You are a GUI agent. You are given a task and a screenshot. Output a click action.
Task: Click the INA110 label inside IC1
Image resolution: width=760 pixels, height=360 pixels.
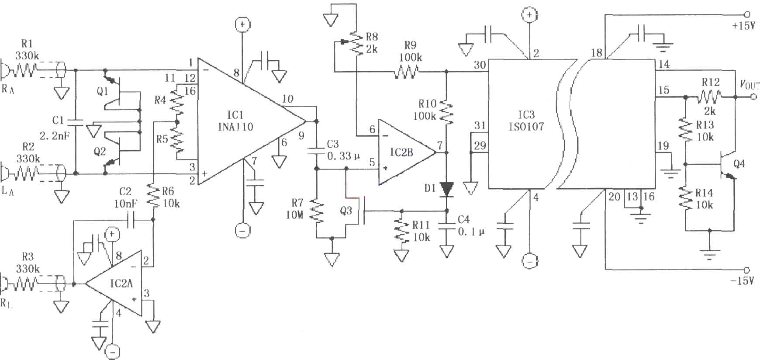pyautogui.click(x=235, y=127)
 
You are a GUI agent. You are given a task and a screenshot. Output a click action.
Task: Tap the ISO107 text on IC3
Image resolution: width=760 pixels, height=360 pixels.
pyautogui.click(x=526, y=127)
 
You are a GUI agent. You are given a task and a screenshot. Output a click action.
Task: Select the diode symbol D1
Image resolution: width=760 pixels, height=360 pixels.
pyautogui.click(x=446, y=189)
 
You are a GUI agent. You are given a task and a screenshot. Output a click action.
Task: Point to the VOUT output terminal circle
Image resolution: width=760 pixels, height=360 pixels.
pyautogui.click(x=753, y=97)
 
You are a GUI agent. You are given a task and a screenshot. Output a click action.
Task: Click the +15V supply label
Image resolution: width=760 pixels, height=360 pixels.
pyautogui.click(x=743, y=26)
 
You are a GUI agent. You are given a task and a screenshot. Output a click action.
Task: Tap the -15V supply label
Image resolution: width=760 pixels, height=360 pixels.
pyautogui.click(x=743, y=280)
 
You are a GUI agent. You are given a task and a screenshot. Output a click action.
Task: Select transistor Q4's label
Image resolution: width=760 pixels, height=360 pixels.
pyautogui.click(x=739, y=164)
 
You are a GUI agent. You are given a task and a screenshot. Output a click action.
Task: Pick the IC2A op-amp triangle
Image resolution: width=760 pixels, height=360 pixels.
pyautogui.click(x=114, y=283)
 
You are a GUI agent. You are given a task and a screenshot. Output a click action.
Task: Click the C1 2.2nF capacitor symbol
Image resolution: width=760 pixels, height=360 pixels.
pyautogui.click(x=76, y=122)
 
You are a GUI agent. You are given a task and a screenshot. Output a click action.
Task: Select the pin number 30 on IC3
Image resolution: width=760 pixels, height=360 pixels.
pyautogui.click(x=480, y=65)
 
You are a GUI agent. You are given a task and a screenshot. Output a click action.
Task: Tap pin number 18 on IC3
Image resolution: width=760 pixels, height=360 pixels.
pyautogui.click(x=596, y=53)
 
